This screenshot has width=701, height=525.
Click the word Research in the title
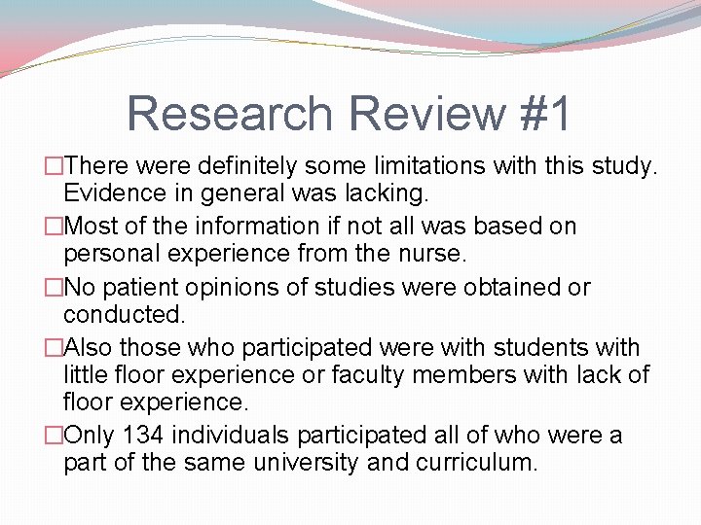(x=228, y=113)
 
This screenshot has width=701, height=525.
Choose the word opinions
(x=240, y=287)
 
